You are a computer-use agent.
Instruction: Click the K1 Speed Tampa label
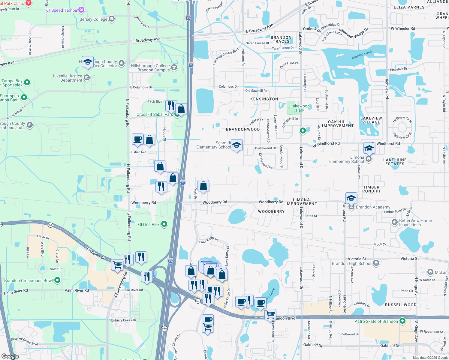(x=61, y=10)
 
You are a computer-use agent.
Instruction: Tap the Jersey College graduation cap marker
(x=112, y=19)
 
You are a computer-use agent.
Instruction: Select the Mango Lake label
(x=362, y=55)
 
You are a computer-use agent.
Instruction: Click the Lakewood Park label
(x=300, y=108)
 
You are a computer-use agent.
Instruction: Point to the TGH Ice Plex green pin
(x=164, y=224)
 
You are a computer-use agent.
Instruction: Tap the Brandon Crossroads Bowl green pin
(x=57, y=280)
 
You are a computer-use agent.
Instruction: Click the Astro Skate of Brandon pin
(x=402, y=321)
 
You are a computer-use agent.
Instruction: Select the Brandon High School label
(x=351, y=263)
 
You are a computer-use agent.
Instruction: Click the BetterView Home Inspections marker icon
(x=395, y=222)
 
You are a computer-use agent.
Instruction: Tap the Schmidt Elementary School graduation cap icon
(x=237, y=145)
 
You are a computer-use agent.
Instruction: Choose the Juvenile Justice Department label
(x=67, y=78)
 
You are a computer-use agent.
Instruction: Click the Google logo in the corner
(x=10, y=356)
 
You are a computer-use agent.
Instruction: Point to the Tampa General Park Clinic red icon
(x=29, y=3)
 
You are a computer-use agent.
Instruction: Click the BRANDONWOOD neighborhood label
(x=243, y=129)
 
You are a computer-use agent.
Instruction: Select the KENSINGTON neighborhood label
(x=264, y=99)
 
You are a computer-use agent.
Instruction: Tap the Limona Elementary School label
(x=347, y=159)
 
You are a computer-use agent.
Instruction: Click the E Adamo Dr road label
(x=95, y=253)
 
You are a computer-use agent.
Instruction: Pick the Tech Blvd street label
(x=155, y=102)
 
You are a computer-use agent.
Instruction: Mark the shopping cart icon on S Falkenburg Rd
(x=117, y=265)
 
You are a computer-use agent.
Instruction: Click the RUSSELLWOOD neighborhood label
(x=401, y=305)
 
